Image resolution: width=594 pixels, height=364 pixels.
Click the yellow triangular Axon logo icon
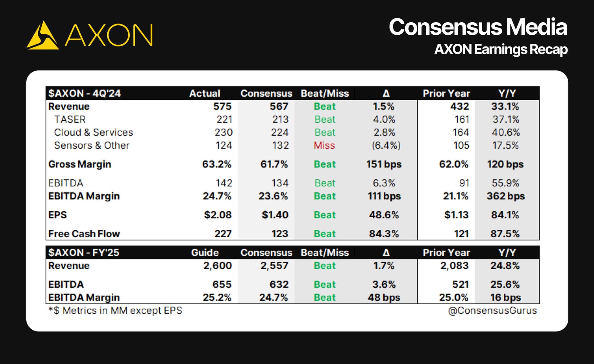click(43, 35)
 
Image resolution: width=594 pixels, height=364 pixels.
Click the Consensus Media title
click(478, 27)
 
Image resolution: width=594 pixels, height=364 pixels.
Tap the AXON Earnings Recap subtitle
click(501, 50)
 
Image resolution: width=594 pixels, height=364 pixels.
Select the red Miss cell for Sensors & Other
click(324, 145)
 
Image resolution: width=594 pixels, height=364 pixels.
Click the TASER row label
click(70, 119)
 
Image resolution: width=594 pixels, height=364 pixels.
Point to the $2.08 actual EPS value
click(218, 215)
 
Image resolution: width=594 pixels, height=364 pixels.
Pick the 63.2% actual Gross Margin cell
click(217, 164)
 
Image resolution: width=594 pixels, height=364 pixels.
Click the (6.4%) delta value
click(386, 145)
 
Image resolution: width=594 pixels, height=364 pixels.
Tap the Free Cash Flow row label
click(84, 234)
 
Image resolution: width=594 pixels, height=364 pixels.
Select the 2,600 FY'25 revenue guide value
click(217, 266)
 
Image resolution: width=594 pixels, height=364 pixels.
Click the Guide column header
click(205, 253)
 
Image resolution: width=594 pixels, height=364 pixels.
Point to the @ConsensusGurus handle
click(492, 310)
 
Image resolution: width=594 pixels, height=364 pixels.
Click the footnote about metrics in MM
click(115, 310)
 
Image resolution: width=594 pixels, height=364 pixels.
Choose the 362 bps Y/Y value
click(506, 196)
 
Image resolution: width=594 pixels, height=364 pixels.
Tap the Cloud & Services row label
click(93, 132)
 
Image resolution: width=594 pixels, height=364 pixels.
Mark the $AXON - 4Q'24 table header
click(84, 93)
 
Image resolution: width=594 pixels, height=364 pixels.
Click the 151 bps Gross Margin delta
click(384, 164)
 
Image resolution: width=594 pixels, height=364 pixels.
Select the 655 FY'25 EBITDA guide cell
click(222, 284)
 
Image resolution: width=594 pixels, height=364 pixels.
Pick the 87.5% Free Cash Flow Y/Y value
click(505, 234)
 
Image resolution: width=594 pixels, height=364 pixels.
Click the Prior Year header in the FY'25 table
click(446, 253)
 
